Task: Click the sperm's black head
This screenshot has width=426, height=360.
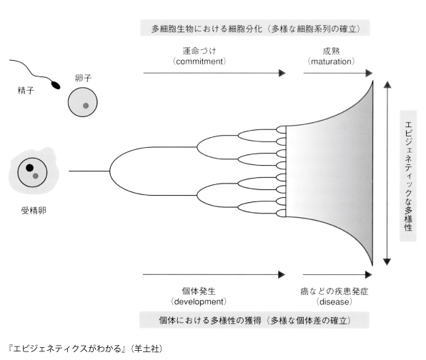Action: tap(56, 85)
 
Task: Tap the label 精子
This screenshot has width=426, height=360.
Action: tap(26, 91)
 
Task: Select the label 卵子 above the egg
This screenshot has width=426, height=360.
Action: tap(83, 78)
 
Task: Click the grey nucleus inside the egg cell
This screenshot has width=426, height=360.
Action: tap(86, 106)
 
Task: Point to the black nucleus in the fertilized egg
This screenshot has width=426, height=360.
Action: tap(29, 168)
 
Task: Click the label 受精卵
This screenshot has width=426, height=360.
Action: tap(34, 211)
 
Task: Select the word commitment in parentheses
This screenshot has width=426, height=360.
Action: tap(199, 61)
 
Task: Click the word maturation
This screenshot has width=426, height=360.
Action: tap(331, 61)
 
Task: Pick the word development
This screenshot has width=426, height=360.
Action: tap(199, 301)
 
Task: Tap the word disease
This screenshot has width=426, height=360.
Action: tap(335, 301)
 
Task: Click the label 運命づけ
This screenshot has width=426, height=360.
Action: tap(199, 51)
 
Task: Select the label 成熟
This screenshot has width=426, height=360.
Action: tap(331, 51)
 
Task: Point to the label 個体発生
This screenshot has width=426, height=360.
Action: tap(199, 291)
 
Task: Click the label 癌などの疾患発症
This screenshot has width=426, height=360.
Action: tap(335, 291)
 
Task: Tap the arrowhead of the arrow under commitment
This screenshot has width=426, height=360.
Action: tap(282, 73)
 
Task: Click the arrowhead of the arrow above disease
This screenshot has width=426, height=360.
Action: tap(369, 275)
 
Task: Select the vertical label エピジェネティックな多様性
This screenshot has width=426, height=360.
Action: tap(408, 176)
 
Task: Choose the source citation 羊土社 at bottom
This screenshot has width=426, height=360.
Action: tap(147, 349)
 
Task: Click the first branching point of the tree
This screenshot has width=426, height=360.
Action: tap(110, 171)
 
